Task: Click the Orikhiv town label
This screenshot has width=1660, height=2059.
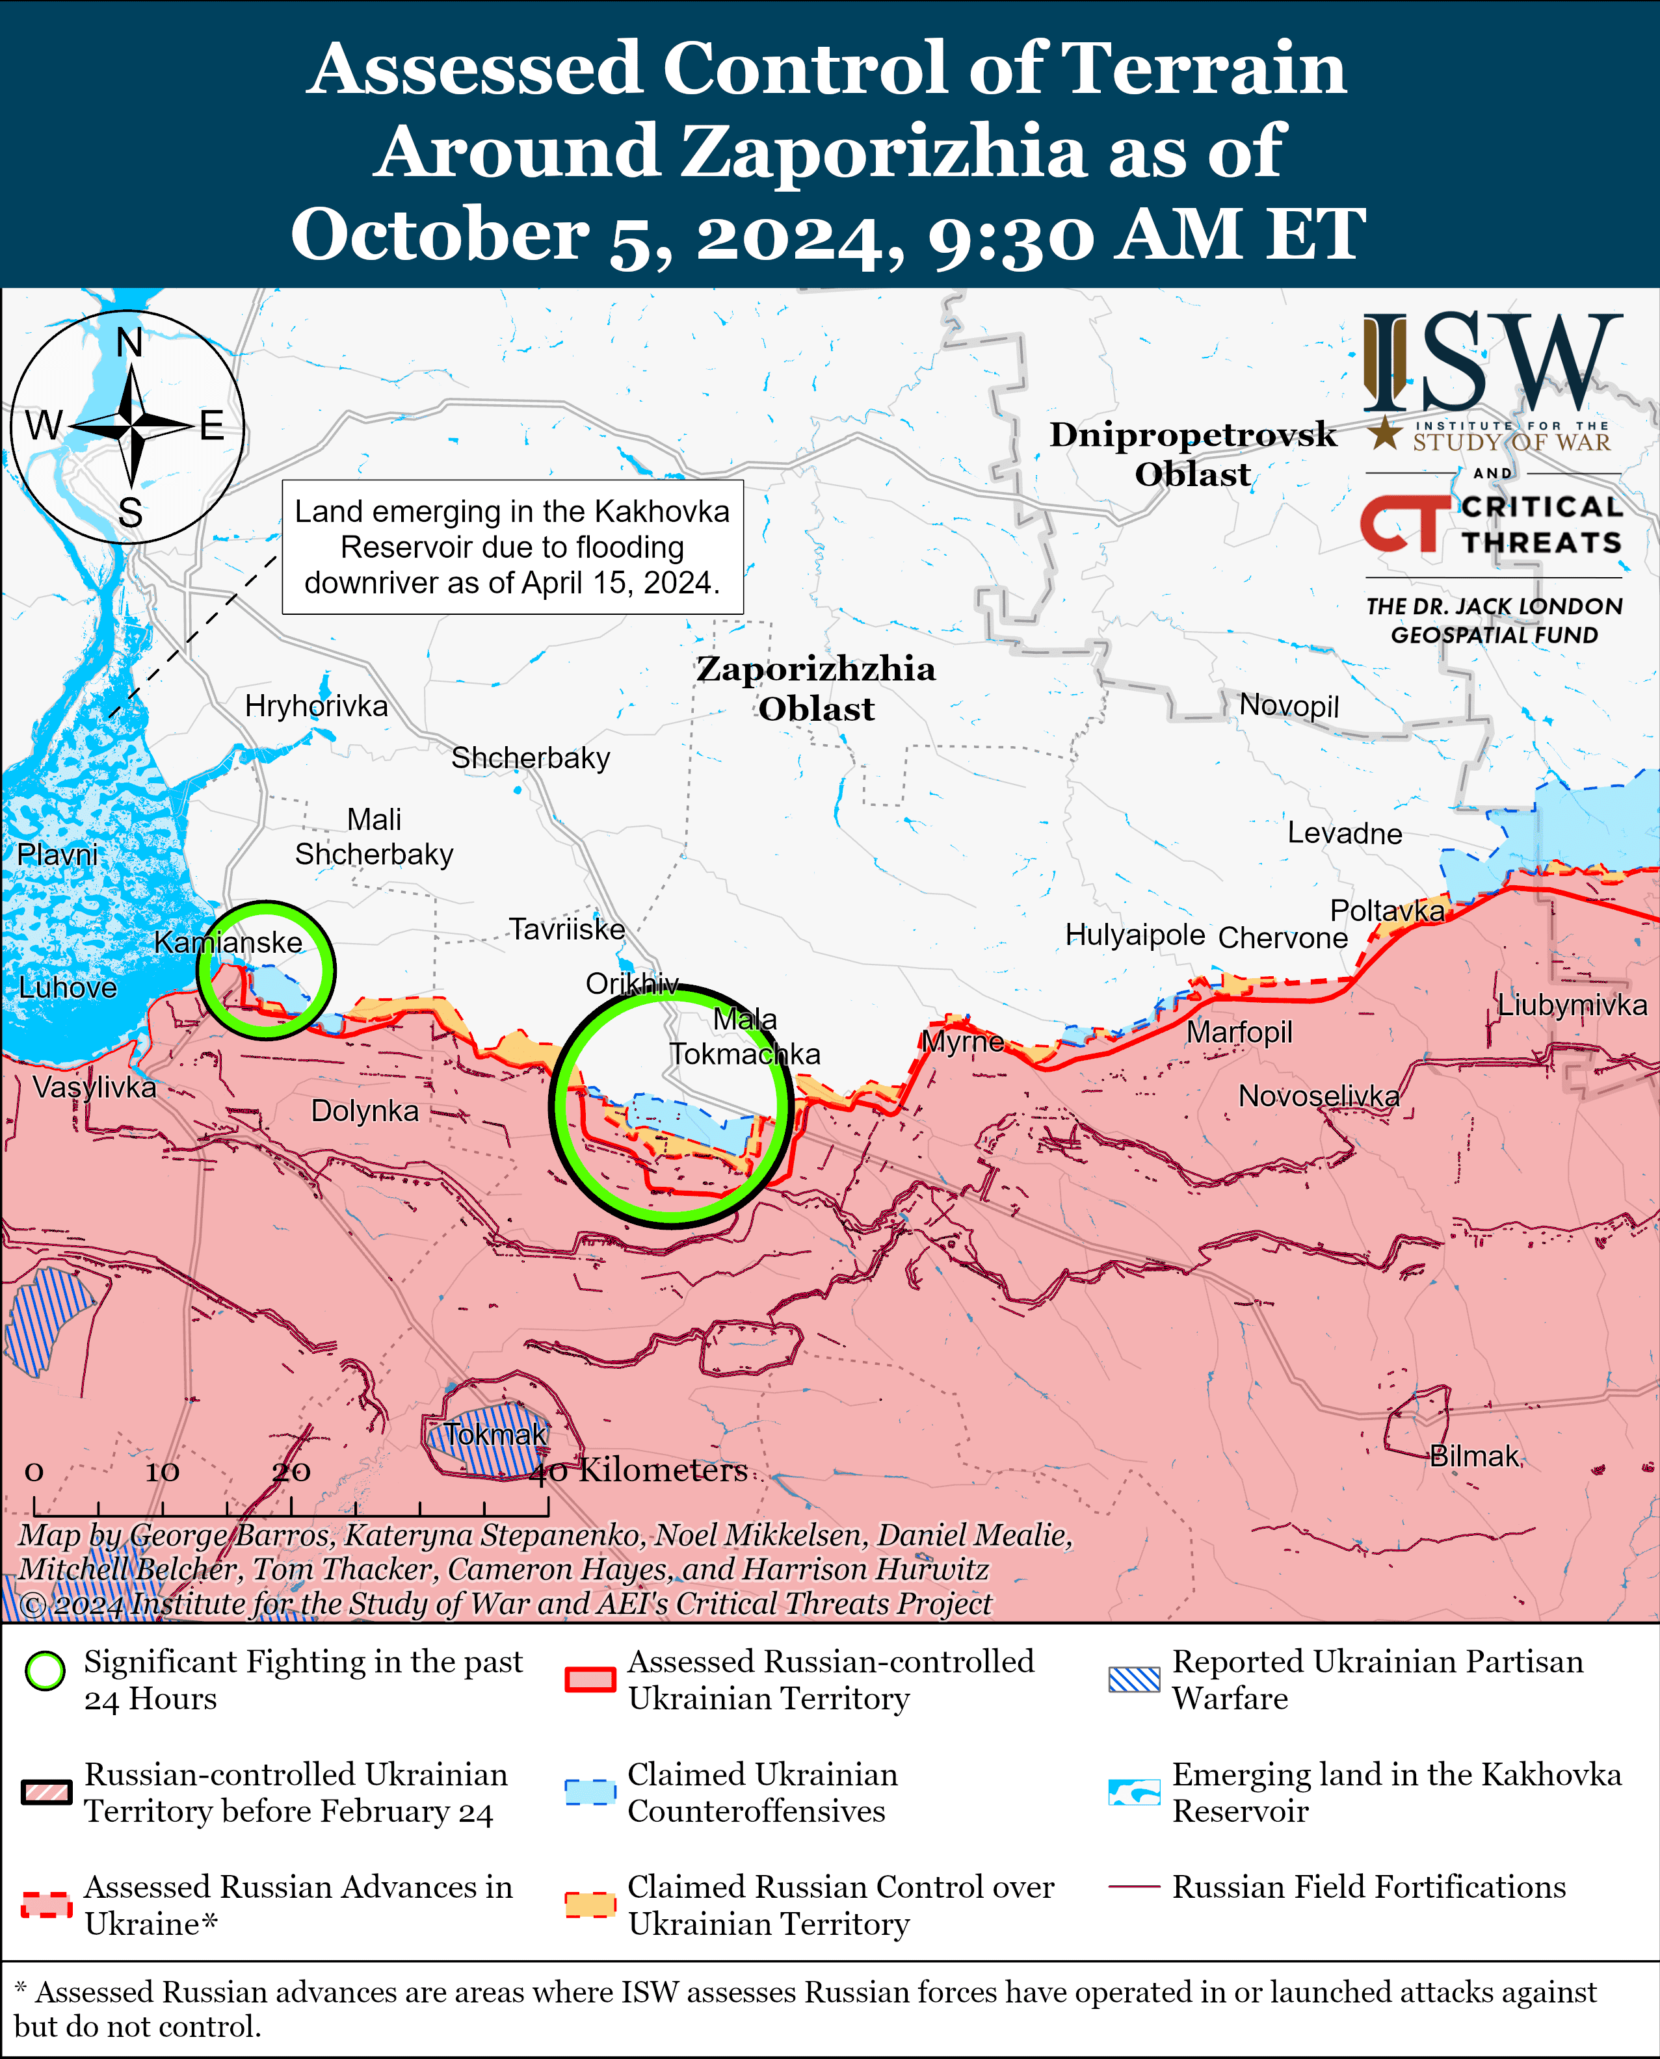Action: [x=632, y=983]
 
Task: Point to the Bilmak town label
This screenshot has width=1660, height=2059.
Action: [x=1473, y=1456]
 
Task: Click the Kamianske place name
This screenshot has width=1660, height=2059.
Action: [x=228, y=942]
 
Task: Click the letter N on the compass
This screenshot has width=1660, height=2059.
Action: [x=129, y=343]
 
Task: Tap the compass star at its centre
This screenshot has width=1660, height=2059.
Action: [x=131, y=426]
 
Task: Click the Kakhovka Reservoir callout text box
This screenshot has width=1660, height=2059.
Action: [x=512, y=547]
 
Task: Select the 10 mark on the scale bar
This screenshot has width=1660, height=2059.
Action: [x=162, y=1472]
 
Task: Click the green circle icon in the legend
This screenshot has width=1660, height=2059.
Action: [x=45, y=1671]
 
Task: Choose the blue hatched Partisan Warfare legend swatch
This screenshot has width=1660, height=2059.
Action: [x=1133, y=1679]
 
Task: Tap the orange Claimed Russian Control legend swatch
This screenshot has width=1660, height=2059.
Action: [x=589, y=1904]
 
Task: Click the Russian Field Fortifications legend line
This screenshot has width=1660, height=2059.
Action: [x=1134, y=1887]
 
